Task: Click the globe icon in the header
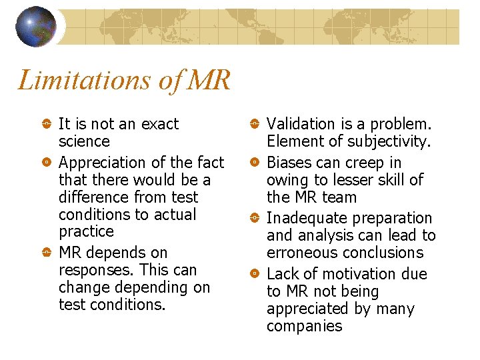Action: coord(36,27)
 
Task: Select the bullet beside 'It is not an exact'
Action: coord(47,124)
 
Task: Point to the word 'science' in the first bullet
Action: coord(84,141)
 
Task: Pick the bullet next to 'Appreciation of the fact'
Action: coord(47,163)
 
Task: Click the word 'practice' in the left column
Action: coord(86,232)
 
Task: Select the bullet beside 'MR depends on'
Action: coord(47,253)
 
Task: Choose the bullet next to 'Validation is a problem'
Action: coord(255,124)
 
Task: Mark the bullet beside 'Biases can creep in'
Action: coord(255,163)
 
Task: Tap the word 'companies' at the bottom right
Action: coord(304,327)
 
